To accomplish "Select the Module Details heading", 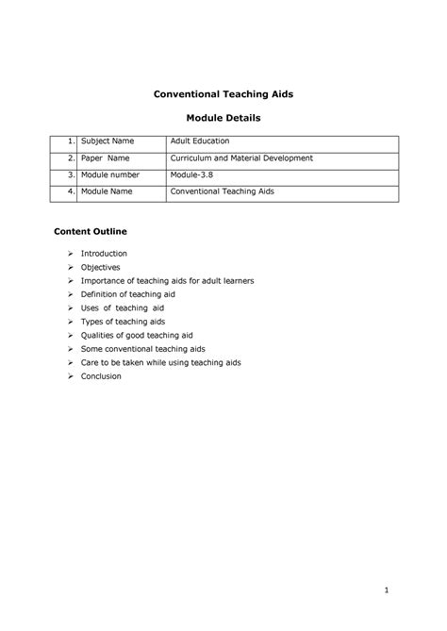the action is coord(223,119).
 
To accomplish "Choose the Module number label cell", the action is coord(110,175).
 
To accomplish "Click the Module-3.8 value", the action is coord(192,175).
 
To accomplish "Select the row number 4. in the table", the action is coord(70,191).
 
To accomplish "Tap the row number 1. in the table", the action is coord(70,141).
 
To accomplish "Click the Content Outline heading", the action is coord(90,231).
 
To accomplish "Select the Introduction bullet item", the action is coord(104,254).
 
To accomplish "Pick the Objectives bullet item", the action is coord(100,267).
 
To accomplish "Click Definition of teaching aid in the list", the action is coord(128,294).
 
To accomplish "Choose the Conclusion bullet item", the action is coord(101,375).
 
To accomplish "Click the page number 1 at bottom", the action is coord(386,591).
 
